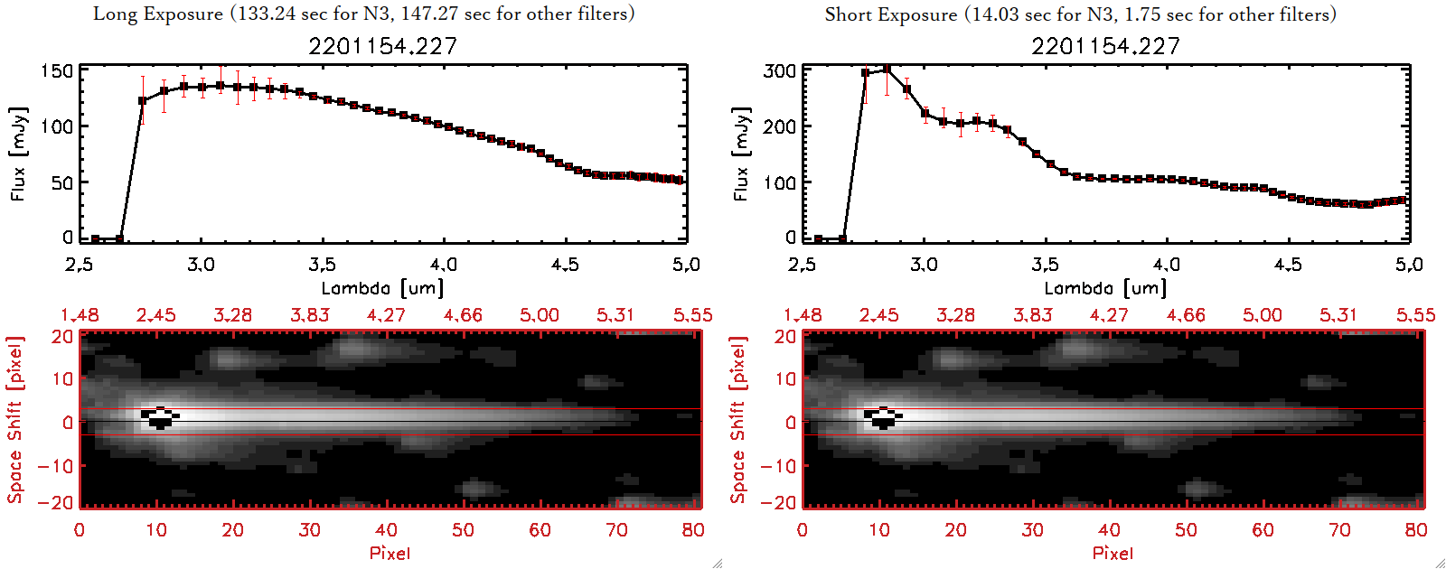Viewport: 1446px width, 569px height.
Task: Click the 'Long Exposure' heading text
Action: [158, 14]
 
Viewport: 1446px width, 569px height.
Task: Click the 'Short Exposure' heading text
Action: [890, 14]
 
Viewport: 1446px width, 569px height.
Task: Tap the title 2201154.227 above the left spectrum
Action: [382, 46]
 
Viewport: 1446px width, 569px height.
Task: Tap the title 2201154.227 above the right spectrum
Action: [1105, 46]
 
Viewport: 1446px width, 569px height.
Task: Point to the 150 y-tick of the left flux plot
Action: [56, 70]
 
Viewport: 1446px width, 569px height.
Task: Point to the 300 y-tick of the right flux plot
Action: [779, 70]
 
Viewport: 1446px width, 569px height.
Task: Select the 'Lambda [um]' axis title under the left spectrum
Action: [382, 288]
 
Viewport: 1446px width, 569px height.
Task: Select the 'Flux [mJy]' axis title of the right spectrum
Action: [741, 154]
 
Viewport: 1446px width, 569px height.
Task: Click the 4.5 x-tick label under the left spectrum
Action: [565, 265]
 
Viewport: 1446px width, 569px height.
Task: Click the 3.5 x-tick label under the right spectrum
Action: [1045, 265]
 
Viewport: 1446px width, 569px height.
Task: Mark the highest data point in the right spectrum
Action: [887, 69]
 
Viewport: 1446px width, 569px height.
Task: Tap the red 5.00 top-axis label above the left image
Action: [539, 315]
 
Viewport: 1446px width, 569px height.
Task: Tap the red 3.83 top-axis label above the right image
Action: [1032, 315]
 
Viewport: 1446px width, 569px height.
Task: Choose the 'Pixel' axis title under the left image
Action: [390, 553]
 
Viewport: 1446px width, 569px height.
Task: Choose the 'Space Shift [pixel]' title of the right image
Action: [738, 420]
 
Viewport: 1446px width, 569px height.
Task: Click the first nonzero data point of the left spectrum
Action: [142, 101]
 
